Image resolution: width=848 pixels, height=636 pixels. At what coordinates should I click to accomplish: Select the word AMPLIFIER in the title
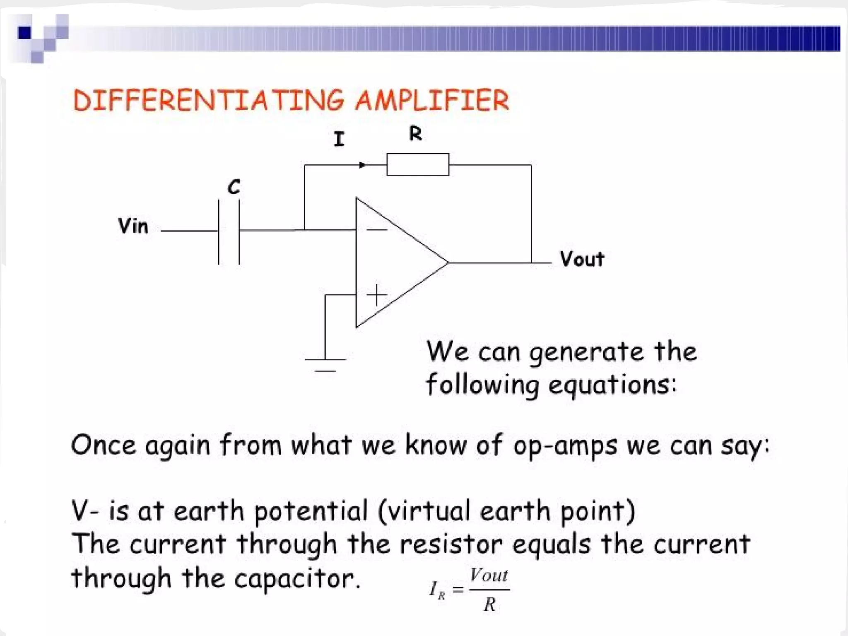(432, 101)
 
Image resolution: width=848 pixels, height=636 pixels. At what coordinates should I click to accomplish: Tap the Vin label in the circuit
(133, 226)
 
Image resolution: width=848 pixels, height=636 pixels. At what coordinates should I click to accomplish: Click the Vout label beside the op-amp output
(582, 259)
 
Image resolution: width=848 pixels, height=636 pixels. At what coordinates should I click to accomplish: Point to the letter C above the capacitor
(234, 187)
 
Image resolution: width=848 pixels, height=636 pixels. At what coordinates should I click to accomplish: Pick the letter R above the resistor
(415, 134)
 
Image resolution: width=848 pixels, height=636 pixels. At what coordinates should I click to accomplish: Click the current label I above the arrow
(339, 139)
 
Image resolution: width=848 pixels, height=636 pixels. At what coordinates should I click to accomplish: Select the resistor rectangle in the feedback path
(418, 164)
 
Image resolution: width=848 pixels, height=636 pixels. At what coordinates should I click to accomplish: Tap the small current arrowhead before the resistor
(362, 165)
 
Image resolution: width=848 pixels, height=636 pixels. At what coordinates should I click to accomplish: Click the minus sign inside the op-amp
(376, 230)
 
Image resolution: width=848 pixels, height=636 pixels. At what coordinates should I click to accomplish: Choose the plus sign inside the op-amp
(376, 295)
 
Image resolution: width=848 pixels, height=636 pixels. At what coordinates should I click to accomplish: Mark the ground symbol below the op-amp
(325, 364)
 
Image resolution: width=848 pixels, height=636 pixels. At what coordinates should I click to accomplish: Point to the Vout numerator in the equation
(489, 576)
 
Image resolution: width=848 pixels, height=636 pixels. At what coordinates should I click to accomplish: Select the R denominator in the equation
(489, 605)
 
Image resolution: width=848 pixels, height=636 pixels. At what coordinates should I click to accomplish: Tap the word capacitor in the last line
(297, 578)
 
